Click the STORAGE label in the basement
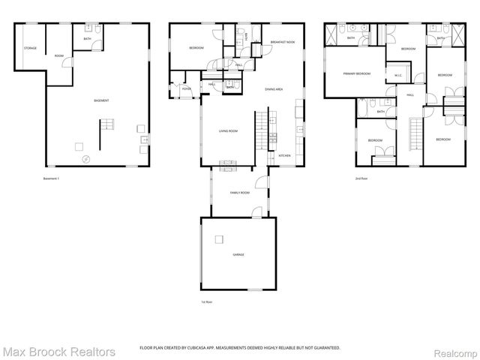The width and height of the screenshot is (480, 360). coord(30,48)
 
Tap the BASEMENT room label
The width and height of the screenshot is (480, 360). coord(101,100)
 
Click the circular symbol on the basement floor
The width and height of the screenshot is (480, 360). coord(85,158)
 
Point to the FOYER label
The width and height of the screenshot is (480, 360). coord(186,88)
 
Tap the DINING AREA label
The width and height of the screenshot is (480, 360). coord(274,89)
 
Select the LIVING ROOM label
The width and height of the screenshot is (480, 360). coord(229,130)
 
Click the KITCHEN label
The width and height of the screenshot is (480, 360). coord(284,155)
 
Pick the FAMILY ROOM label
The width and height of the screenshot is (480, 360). coord(240,193)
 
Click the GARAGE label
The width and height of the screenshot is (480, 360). coord(238,254)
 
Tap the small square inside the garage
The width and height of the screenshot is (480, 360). coord(218,239)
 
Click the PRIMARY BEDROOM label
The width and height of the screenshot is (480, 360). coord(357,73)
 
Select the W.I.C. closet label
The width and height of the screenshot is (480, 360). coord(398,75)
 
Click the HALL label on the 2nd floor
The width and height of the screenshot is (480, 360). coord(410,95)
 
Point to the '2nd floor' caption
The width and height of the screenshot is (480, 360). coord(361,178)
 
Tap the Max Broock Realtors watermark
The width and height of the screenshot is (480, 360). coord(58,351)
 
